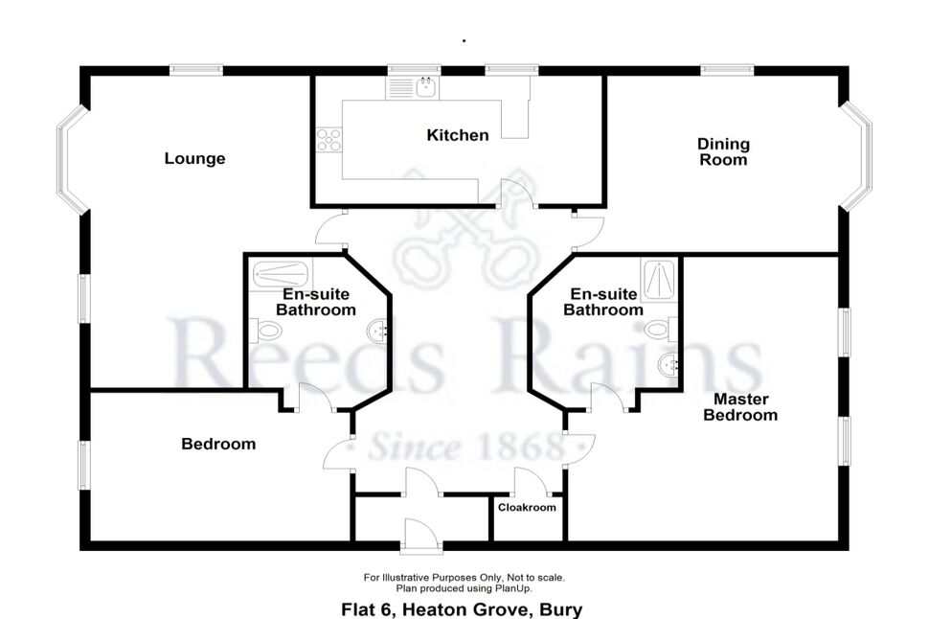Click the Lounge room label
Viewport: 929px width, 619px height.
[x=194, y=158]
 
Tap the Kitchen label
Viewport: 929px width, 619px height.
[x=458, y=135]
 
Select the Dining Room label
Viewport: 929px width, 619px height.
[x=723, y=151]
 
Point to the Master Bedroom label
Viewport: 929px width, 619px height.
[x=740, y=406]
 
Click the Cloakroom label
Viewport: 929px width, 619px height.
[x=527, y=508]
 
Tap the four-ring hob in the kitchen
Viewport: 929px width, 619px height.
[x=329, y=140]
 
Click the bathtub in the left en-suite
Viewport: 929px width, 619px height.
[x=281, y=274]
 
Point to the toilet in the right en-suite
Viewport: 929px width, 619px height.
[x=661, y=329]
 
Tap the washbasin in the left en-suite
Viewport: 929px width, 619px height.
[x=377, y=332]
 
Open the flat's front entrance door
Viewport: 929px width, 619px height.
[x=421, y=537]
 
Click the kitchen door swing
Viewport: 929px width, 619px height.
[x=516, y=194]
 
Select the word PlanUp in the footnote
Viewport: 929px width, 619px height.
[x=514, y=588]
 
